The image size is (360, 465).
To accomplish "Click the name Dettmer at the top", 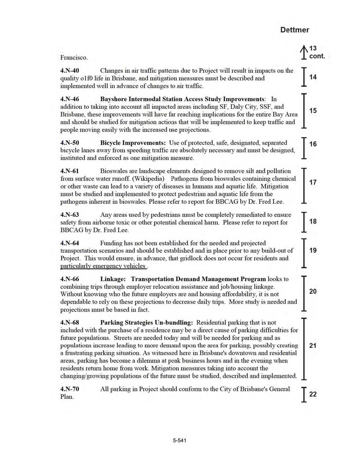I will coord(295,30).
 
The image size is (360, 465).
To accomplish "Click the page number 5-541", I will coord(180,441).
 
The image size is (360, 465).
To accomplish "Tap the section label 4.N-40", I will coord(70,71).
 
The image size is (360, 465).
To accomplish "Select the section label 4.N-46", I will coord(70,99).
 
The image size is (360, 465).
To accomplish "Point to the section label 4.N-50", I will coord(70,143).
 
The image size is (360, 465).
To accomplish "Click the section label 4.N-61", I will coord(70,171).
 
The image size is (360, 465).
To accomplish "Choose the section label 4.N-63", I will coord(70,215).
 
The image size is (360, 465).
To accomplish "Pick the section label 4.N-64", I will coord(70,243).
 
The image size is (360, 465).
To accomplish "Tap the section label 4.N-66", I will coord(70,279).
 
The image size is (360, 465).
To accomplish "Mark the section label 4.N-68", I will coord(70,323).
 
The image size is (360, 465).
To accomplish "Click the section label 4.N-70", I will coord(70,389).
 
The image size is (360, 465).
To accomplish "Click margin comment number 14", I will coord(313,77).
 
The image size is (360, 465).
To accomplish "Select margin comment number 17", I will coord(313,182).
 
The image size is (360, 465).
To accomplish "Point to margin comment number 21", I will coord(313,345).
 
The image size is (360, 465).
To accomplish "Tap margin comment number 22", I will coord(313,394).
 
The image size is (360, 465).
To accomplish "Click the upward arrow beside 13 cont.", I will coord(304,51).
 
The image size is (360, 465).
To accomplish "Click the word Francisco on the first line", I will coord(74,58).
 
